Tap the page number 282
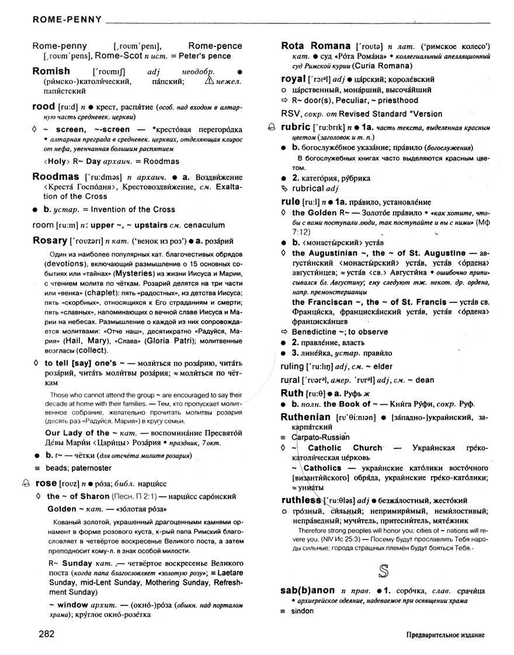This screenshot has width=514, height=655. click(47, 634)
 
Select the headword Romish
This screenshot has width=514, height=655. click(51, 71)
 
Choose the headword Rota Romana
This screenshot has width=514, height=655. click(315, 45)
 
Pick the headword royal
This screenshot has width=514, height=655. click(294, 78)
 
